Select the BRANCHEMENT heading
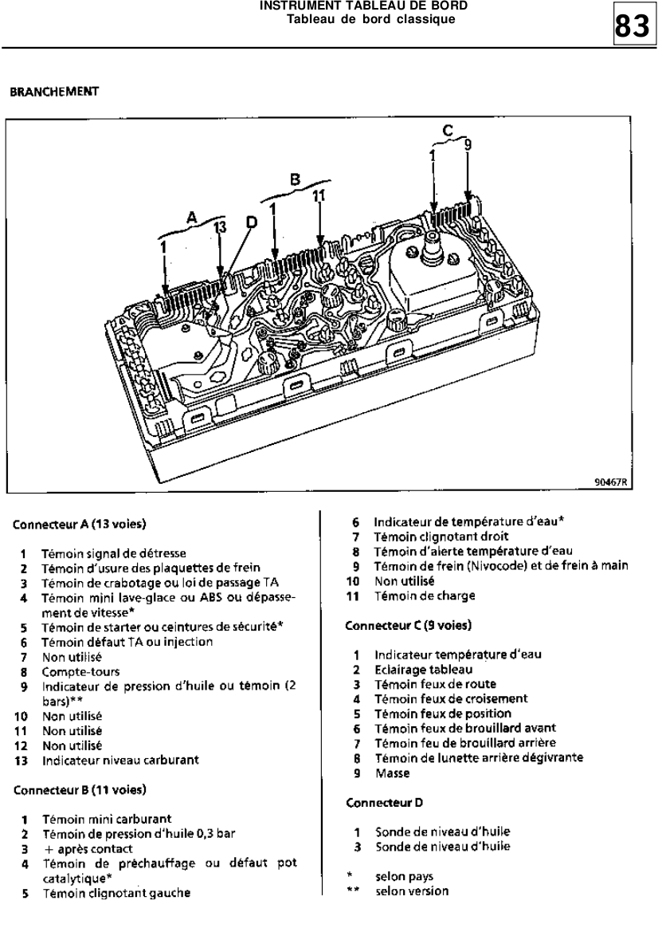coord(53,92)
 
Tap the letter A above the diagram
coord(191,216)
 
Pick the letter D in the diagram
coord(252,223)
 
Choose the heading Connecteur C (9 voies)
coord(408,625)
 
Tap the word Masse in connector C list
coord(392,773)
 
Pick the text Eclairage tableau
coord(423,670)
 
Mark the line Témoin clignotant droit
coord(441,537)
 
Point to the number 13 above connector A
coord(220,228)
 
